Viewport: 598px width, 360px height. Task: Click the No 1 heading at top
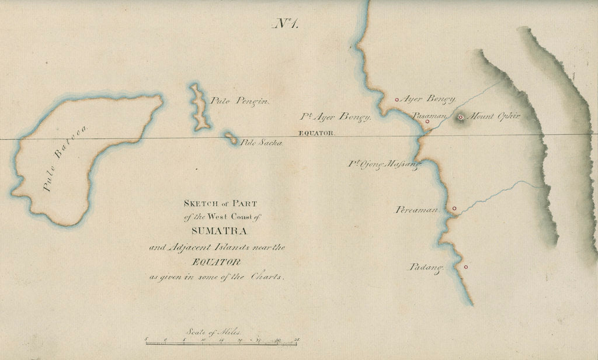[x=286, y=23]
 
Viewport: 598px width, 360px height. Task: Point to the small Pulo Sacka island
[x=231, y=138]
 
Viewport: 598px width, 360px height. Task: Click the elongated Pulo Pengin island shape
[x=199, y=107]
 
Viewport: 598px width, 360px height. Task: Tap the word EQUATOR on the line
[x=317, y=133]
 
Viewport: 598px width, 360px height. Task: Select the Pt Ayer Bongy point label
[x=336, y=116]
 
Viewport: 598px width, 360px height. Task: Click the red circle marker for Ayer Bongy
[x=397, y=99]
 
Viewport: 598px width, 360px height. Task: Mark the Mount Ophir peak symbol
[x=461, y=117]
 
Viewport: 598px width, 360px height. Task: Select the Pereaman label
[x=416, y=209]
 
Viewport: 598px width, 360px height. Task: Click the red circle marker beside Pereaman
[x=454, y=208]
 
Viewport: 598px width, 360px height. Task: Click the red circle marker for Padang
[x=465, y=267]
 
